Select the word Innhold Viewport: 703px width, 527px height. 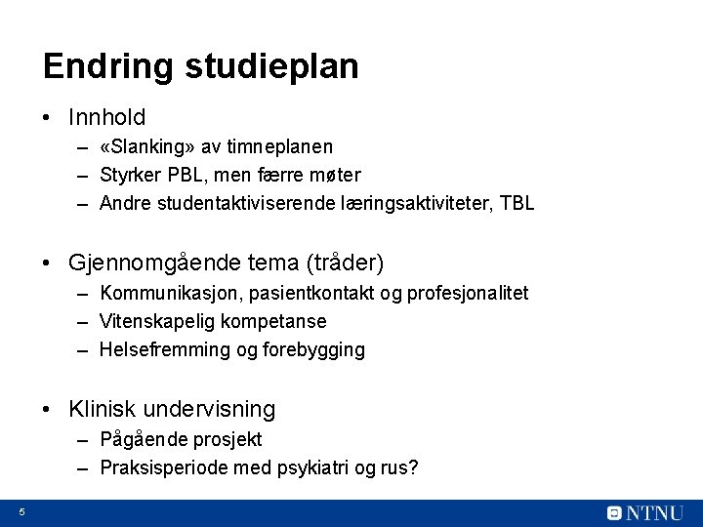coord(107,118)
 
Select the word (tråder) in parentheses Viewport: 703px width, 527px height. coord(347,263)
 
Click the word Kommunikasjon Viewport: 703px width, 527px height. coord(171,293)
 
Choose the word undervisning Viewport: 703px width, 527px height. coord(208,409)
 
